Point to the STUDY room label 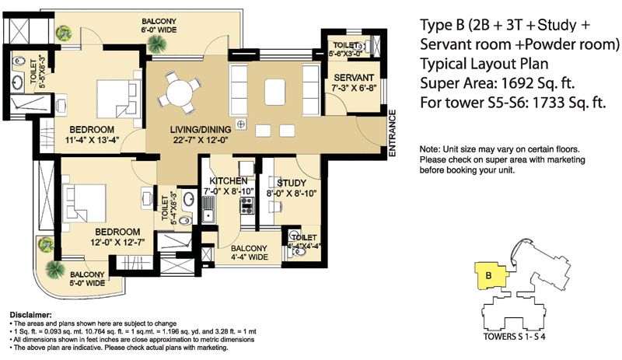tap(292, 183)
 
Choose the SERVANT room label tap(354, 78)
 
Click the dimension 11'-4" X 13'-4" tap(92, 141)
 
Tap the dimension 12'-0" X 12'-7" tap(117, 243)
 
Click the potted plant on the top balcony tap(63, 32)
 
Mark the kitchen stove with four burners tap(248, 205)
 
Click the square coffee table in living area tap(277, 92)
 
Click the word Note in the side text tap(429, 149)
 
